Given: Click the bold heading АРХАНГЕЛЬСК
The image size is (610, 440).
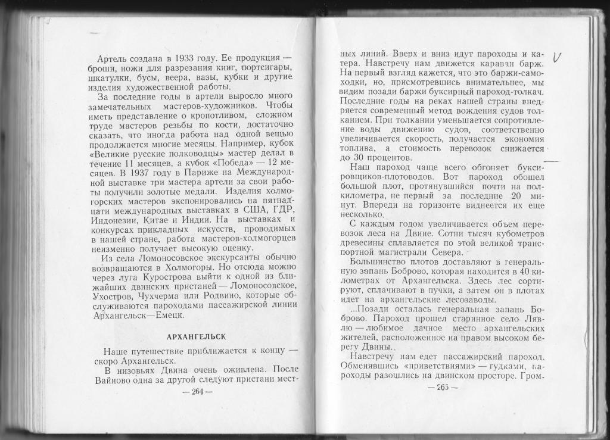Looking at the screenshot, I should coord(196,336).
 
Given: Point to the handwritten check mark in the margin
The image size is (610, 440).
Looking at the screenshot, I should coord(558,57).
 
